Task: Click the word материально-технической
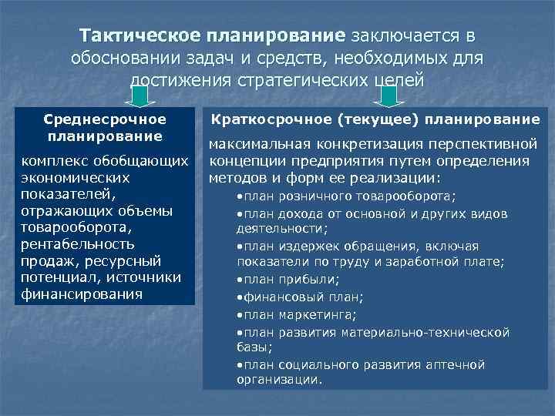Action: pyautogui.click(x=429, y=331)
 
